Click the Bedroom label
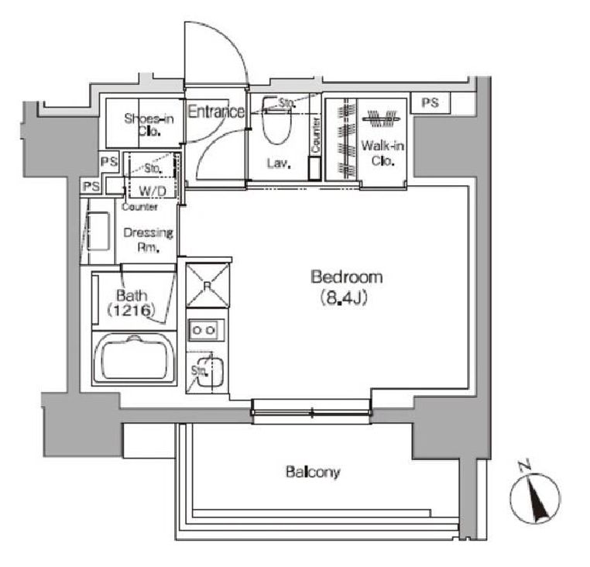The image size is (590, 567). pos(347,277)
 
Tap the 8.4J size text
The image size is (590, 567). pos(343,298)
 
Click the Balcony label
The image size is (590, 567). pos(313,472)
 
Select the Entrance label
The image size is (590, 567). pos(215,112)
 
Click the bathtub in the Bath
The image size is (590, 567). pos(134,359)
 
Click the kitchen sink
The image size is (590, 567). pos(211,373)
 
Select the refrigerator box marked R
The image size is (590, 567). pos(208,285)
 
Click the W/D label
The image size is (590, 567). pos(152,191)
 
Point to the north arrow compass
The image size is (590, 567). pos(536,497)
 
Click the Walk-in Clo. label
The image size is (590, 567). pos(382,153)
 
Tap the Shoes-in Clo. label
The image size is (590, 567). pos(149,125)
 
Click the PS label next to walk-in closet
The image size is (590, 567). pos(430,102)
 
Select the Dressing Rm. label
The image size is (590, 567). pos(148,240)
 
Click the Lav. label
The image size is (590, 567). pos(280,163)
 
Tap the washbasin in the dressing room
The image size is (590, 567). pos(98,231)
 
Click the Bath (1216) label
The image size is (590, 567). pos(132,303)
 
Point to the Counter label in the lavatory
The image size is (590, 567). pos(316,135)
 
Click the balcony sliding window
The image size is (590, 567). pos(311,412)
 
